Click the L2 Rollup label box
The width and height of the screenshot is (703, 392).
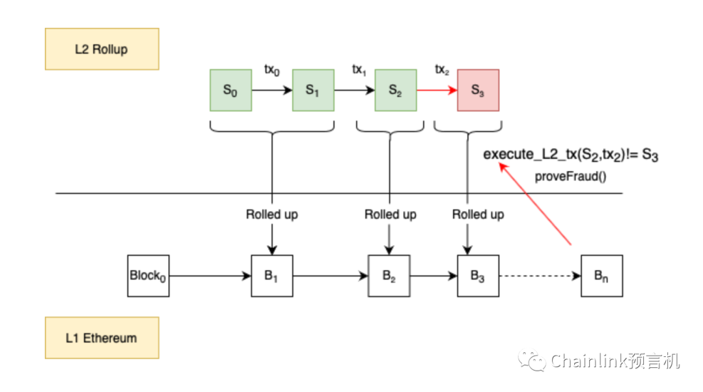pyautogui.click(x=102, y=49)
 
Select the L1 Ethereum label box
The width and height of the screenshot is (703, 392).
pyautogui.click(x=102, y=338)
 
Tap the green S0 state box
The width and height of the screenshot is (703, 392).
pyautogui.click(x=230, y=91)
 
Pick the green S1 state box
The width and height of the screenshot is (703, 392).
pyautogui.click(x=313, y=91)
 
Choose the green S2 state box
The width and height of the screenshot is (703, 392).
pyautogui.click(x=395, y=91)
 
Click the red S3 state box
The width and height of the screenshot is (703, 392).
pyautogui.click(x=478, y=91)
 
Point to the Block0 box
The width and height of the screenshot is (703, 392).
pyautogui.click(x=148, y=275)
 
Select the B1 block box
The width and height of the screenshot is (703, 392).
pyautogui.click(x=272, y=275)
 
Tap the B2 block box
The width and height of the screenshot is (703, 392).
pyautogui.click(x=389, y=275)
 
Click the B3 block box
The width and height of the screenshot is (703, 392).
pyautogui.click(x=478, y=275)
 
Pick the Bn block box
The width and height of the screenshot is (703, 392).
pyautogui.click(x=601, y=275)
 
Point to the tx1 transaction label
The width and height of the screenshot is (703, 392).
pyautogui.click(x=359, y=70)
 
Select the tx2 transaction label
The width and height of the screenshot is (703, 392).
pyautogui.click(x=442, y=70)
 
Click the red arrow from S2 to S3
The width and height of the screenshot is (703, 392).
pyautogui.click(x=436, y=91)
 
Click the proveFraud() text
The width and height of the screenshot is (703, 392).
pyautogui.click(x=570, y=176)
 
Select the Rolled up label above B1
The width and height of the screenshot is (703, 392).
pyautogui.click(x=272, y=214)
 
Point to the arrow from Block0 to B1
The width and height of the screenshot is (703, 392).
pyautogui.click(x=210, y=276)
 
